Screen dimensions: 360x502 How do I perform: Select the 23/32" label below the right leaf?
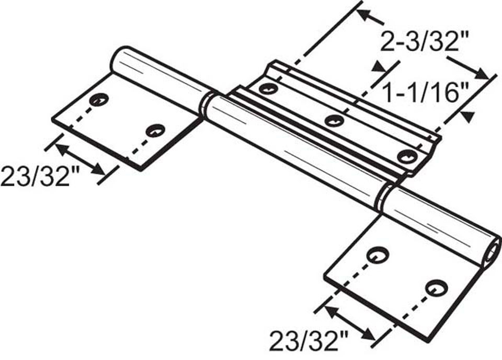click(x=309, y=342)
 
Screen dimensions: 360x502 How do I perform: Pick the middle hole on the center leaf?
click(x=334, y=121)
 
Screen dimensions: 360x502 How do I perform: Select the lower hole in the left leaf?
click(x=155, y=130)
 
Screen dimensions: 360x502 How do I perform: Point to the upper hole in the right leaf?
click(x=375, y=255)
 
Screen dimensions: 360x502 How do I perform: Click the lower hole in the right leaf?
click(x=435, y=287)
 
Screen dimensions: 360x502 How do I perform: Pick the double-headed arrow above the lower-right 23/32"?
click(x=349, y=322)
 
